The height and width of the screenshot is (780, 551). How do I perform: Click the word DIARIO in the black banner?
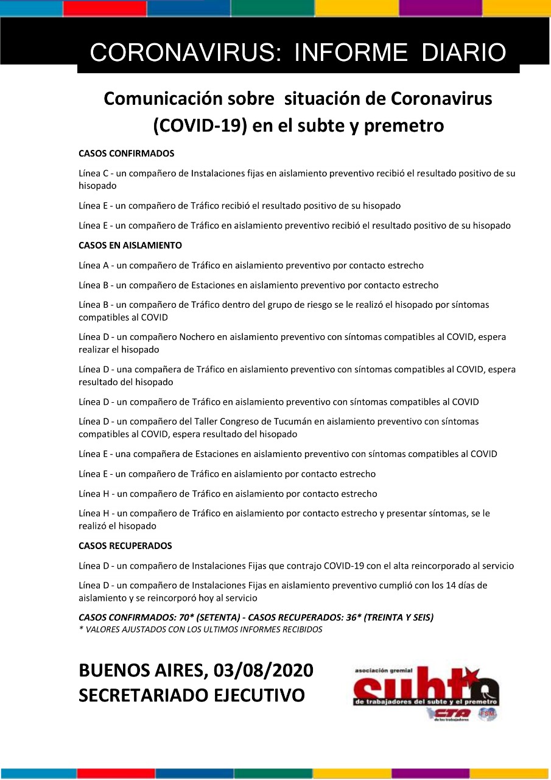coord(464,53)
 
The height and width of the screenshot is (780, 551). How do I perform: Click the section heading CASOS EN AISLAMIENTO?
coord(130,246)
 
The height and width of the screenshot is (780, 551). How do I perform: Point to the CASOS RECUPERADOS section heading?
coord(125,546)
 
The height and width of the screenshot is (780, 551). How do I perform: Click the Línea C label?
coord(93,173)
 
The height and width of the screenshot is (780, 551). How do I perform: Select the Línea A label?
coord(93,266)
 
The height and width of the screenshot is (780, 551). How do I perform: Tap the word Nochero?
coord(197,337)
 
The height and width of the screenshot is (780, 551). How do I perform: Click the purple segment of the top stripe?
coord(440,8)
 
